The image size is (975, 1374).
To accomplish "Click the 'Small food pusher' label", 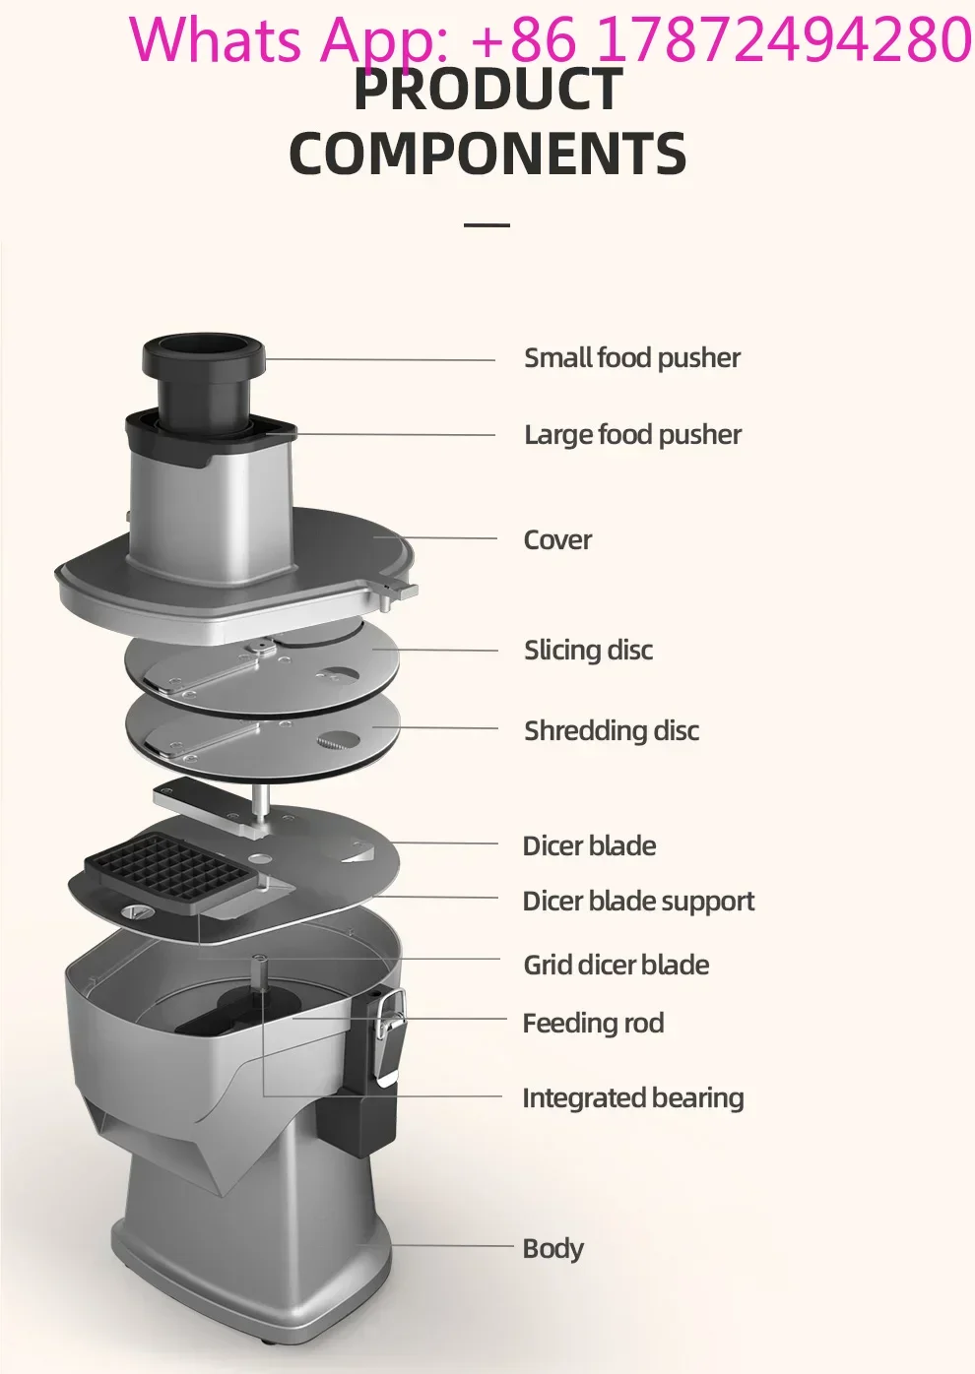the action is (632, 358).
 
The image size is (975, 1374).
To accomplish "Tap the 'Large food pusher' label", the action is (632, 435).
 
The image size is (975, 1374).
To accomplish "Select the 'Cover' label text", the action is (557, 539).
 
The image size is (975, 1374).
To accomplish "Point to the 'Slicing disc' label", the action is (588, 651).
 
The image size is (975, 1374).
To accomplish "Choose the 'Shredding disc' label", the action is (612, 730).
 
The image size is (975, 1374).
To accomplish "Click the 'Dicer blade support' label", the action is (638, 902).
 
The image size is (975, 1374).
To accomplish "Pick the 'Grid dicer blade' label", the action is (617, 965).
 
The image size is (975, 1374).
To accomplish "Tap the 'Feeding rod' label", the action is (593, 1024).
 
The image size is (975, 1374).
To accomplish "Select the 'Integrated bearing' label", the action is (632, 1098).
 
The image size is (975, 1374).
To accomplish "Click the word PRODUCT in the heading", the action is (488, 89).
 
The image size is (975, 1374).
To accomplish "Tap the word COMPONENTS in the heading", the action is (487, 153).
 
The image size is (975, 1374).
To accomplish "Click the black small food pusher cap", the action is (204, 357).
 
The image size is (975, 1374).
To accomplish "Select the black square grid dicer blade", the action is (170, 865).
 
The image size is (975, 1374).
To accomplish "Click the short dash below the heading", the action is (487, 225).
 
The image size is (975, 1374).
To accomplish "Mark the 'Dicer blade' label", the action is (589, 845).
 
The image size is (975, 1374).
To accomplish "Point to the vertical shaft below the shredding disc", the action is (261, 802).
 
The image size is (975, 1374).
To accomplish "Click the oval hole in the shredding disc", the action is (338, 740).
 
